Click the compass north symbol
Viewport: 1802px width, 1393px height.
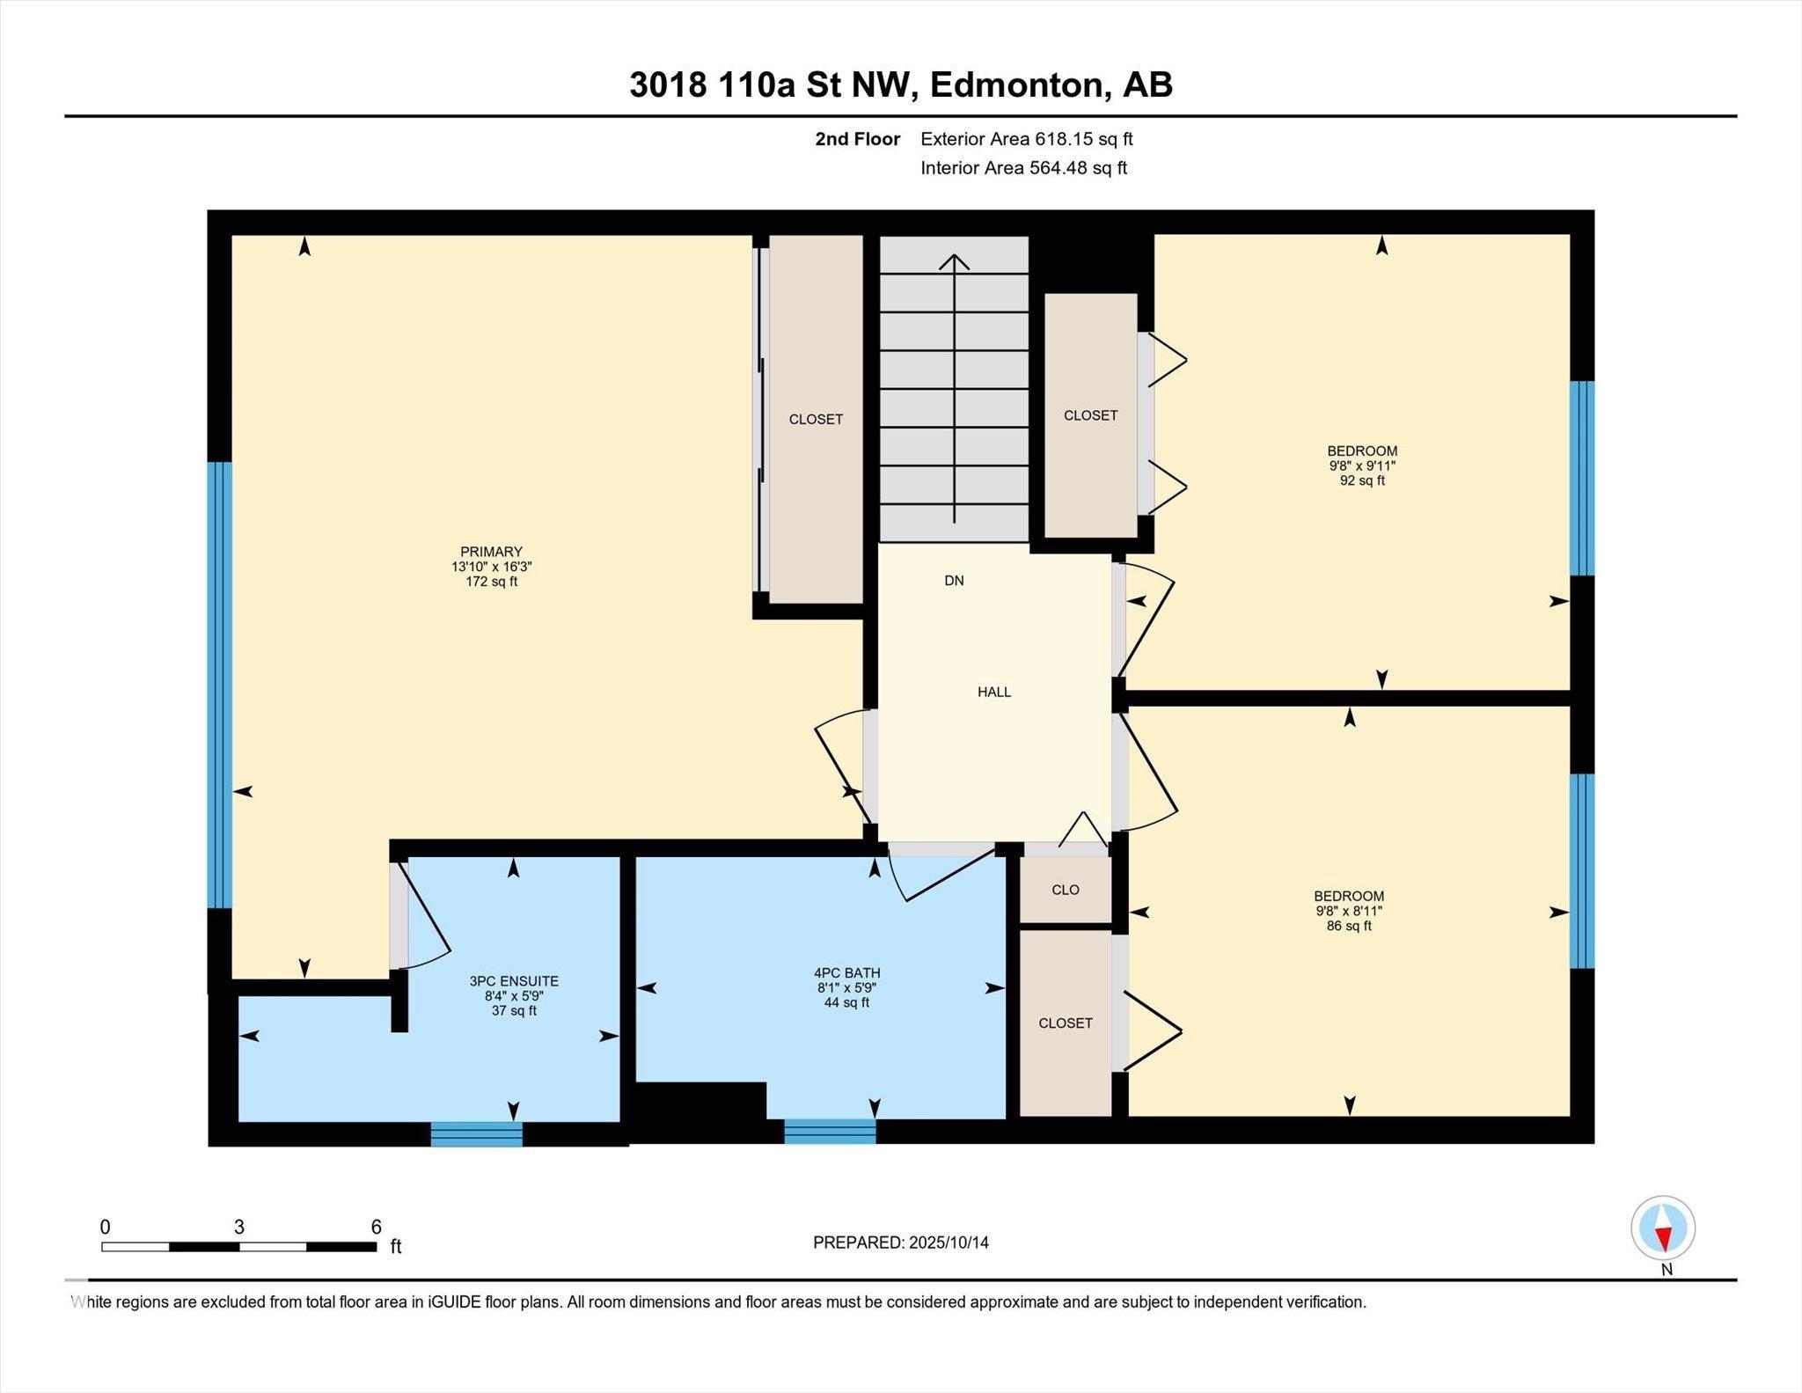tap(1662, 1228)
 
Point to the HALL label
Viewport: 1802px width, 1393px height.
tap(994, 693)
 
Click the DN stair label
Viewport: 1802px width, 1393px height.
tap(954, 581)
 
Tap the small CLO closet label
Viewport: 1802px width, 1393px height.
tap(1065, 890)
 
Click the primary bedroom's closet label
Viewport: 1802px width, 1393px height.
tap(816, 420)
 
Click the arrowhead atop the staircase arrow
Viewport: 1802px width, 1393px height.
tap(954, 260)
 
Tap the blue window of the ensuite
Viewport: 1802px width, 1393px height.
tap(476, 1134)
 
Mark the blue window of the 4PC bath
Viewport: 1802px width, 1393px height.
tap(830, 1132)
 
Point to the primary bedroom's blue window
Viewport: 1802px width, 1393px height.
tap(220, 685)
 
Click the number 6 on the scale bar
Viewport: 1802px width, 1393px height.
tap(376, 1227)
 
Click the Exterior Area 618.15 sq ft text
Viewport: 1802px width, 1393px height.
tap(1026, 139)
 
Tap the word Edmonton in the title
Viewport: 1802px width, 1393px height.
tap(1015, 85)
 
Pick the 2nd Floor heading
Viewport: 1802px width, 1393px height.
tap(857, 139)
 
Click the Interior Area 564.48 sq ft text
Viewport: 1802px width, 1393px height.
tap(1023, 168)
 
